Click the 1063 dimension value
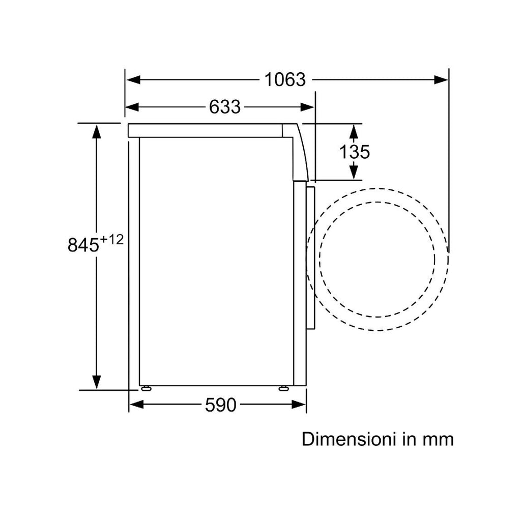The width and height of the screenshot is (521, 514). [285, 80]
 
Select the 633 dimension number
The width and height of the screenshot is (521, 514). [224, 107]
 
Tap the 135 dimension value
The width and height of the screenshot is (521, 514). [354, 152]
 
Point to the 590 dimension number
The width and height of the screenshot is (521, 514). [221, 405]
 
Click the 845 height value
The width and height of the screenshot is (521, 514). [83, 245]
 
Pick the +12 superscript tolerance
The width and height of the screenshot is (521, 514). [111, 239]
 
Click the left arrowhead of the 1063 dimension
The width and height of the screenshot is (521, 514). [133, 80]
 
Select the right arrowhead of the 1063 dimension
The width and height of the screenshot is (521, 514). [441, 80]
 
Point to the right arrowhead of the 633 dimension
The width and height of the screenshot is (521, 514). [307, 107]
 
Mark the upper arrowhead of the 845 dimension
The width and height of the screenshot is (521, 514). [96, 131]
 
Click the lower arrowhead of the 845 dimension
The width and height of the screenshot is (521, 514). [96, 382]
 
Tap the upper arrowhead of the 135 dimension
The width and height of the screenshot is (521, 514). [354, 132]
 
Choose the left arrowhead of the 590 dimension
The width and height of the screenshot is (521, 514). [136, 405]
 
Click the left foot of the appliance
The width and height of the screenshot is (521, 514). [146, 388]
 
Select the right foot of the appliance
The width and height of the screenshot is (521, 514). [283, 388]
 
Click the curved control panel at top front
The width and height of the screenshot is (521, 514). [300, 152]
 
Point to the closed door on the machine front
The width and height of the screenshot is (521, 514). [310, 258]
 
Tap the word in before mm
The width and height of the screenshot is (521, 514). [409, 439]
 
